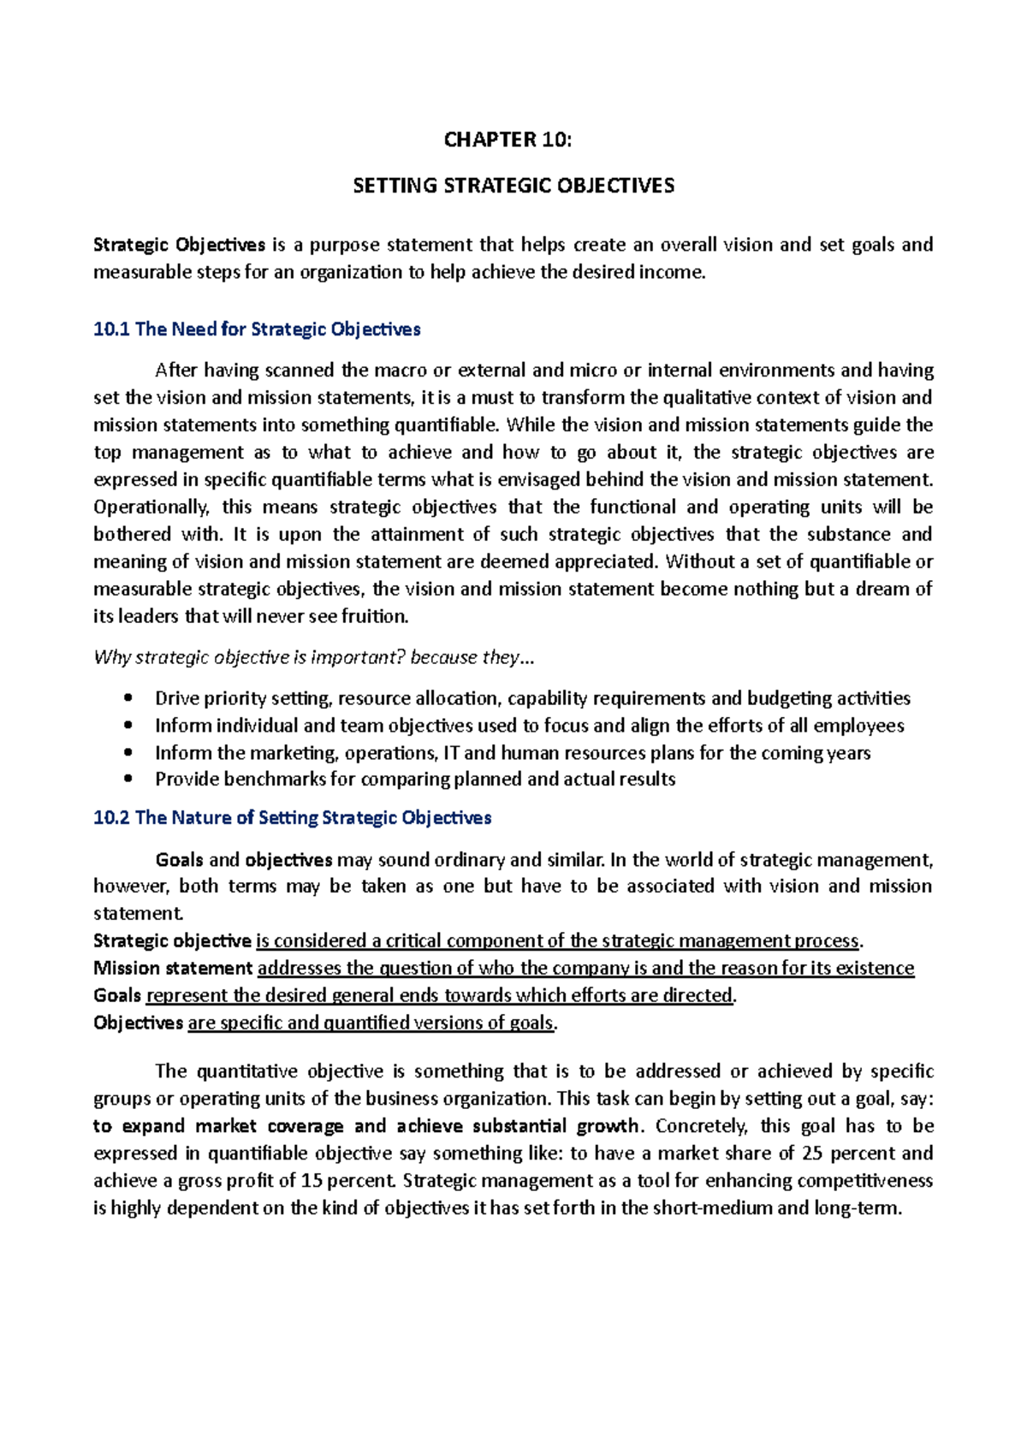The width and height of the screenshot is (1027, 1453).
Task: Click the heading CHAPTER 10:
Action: click(507, 140)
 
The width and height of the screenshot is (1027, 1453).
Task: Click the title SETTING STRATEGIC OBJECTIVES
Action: click(513, 186)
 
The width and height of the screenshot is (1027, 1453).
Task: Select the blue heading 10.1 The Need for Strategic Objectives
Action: click(257, 329)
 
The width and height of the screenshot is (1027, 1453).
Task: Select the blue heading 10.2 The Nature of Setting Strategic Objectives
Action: click(292, 818)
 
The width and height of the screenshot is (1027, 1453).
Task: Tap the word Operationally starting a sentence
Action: click(151, 507)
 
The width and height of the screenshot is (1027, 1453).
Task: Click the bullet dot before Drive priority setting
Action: click(128, 698)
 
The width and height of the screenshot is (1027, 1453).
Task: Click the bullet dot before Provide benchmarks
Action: click(128, 780)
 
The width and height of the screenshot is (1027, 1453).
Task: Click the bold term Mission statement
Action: click(173, 969)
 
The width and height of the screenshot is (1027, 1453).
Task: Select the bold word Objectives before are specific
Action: click(138, 1023)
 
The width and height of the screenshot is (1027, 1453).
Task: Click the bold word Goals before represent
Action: click(117, 996)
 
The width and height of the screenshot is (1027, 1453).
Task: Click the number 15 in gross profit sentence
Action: click(312, 1181)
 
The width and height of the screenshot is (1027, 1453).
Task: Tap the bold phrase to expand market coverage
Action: click(218, 1126)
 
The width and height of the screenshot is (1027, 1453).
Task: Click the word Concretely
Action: click(702, 1126)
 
